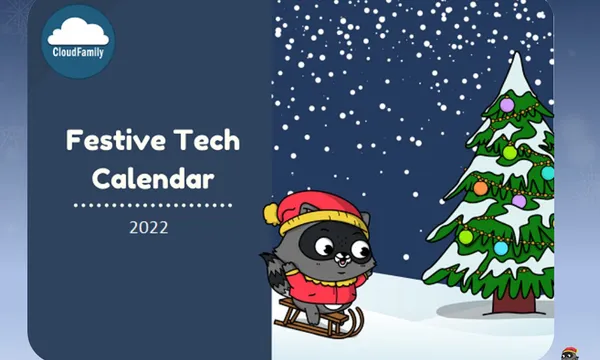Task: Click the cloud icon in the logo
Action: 79,30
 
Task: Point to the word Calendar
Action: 153,179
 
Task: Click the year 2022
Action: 148,227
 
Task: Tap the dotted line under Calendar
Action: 153,204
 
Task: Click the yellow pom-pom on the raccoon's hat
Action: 270,212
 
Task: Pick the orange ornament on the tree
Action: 480,187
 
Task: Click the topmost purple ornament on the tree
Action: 506,103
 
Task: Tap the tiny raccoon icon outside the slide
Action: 571,350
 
